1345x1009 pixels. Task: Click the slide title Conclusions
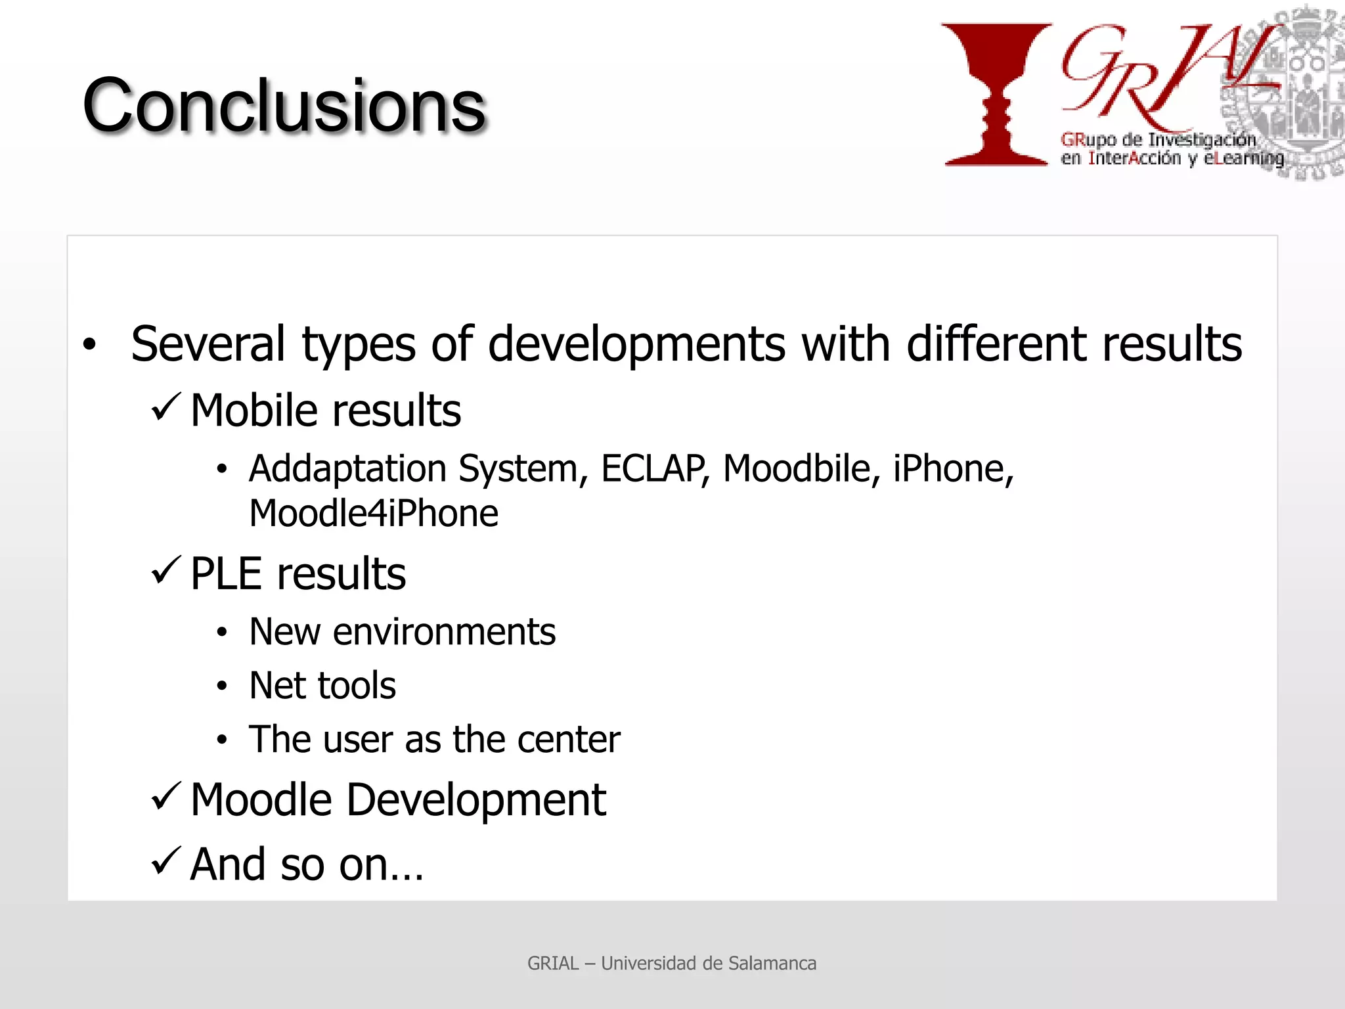284,105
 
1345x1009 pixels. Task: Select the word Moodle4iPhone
374,514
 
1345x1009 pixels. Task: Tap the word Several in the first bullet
208,344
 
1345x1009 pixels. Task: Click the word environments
445,632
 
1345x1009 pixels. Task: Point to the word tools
357,686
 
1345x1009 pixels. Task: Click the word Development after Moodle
476,800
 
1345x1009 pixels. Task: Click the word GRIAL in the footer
553,963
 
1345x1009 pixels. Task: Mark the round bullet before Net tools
222,686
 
